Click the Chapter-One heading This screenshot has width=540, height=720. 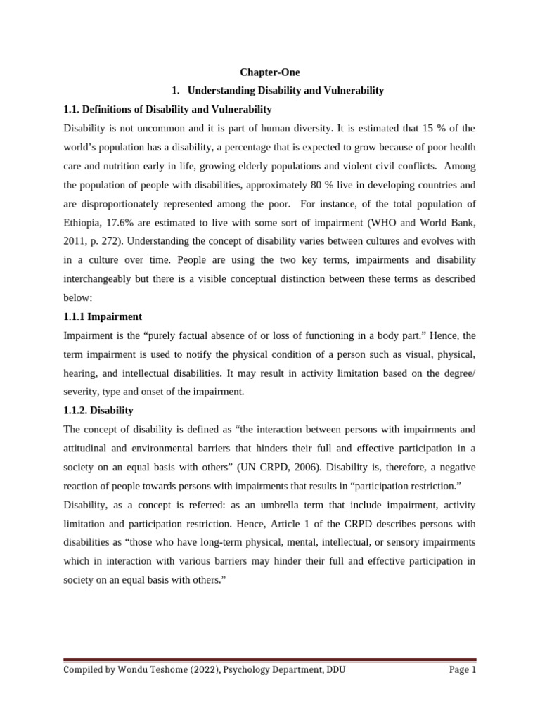[x=270, y=72]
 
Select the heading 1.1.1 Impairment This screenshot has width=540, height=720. [x=103, y=316]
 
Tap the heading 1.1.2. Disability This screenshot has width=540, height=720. [x=98, y=410]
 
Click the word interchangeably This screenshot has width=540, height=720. [x=98, y=278]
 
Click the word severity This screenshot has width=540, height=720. [x=82, y=391]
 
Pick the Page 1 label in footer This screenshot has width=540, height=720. [x=463, y=670]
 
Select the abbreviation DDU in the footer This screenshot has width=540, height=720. [x=335, y=670]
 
